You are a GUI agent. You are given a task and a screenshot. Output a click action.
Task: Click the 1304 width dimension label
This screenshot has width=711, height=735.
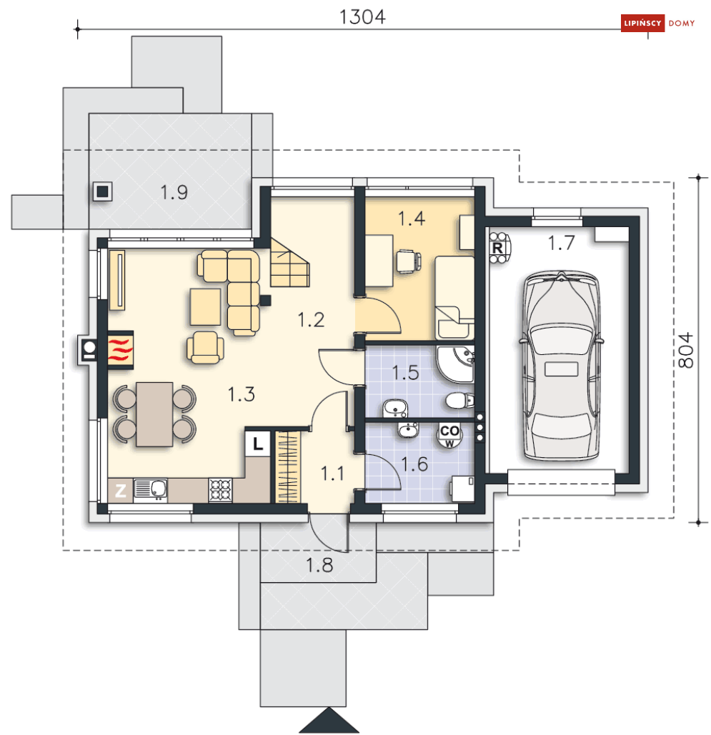pos(362,17)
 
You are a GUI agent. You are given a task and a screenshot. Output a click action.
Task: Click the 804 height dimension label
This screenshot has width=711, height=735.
pos(686,350)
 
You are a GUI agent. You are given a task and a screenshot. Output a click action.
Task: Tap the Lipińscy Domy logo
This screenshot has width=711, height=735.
pos(658,23)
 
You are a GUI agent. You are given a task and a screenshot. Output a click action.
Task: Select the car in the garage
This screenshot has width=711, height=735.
pos(561,365)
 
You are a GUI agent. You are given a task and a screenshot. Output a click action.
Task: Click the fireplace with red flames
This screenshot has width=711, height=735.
pos(121,350)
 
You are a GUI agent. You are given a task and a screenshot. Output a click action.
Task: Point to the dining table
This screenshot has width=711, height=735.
pos(155,414)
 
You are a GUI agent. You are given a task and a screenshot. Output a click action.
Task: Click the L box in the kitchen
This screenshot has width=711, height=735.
pos(257,443)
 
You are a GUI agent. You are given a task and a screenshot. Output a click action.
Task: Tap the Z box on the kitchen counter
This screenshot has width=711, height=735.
pos(121,491)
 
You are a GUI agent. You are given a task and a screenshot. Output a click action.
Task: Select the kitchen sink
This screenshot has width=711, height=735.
pos(151,489)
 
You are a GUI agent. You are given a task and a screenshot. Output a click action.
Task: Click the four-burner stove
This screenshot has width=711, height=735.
pos(220,490)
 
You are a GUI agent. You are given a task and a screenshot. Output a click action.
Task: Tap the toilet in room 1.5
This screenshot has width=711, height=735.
pos(459,401)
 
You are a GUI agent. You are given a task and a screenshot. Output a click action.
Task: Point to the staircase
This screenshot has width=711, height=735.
pos(289,263)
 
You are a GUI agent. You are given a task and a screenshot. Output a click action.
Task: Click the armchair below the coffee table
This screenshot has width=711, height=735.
pos(205,347)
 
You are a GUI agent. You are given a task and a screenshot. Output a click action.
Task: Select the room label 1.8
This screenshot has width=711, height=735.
pos(319,565)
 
